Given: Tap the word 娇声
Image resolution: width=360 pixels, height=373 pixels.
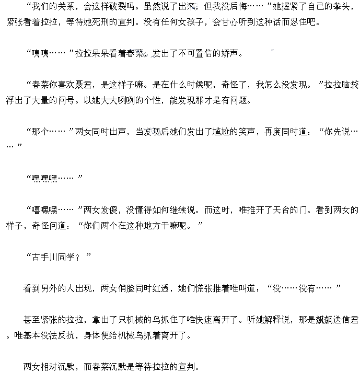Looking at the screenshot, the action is (229, 53).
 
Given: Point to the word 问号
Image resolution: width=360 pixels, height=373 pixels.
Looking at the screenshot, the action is (66, 100).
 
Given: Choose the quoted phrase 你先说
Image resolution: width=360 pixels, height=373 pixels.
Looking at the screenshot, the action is (337, 132).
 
